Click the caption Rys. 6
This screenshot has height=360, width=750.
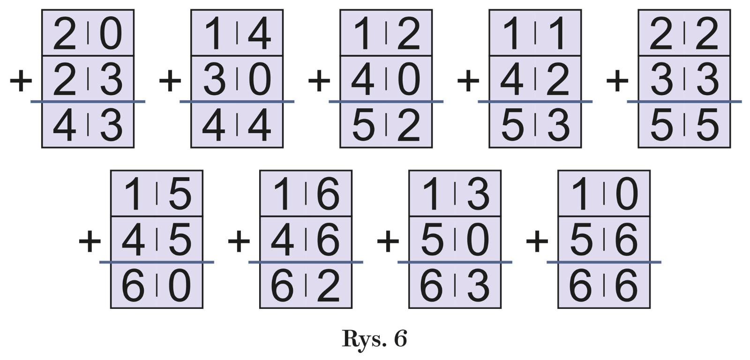point(374,338)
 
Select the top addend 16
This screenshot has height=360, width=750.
point(306,194)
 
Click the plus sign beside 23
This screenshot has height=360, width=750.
point(21,80)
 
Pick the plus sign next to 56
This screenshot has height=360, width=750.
point(537,241)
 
